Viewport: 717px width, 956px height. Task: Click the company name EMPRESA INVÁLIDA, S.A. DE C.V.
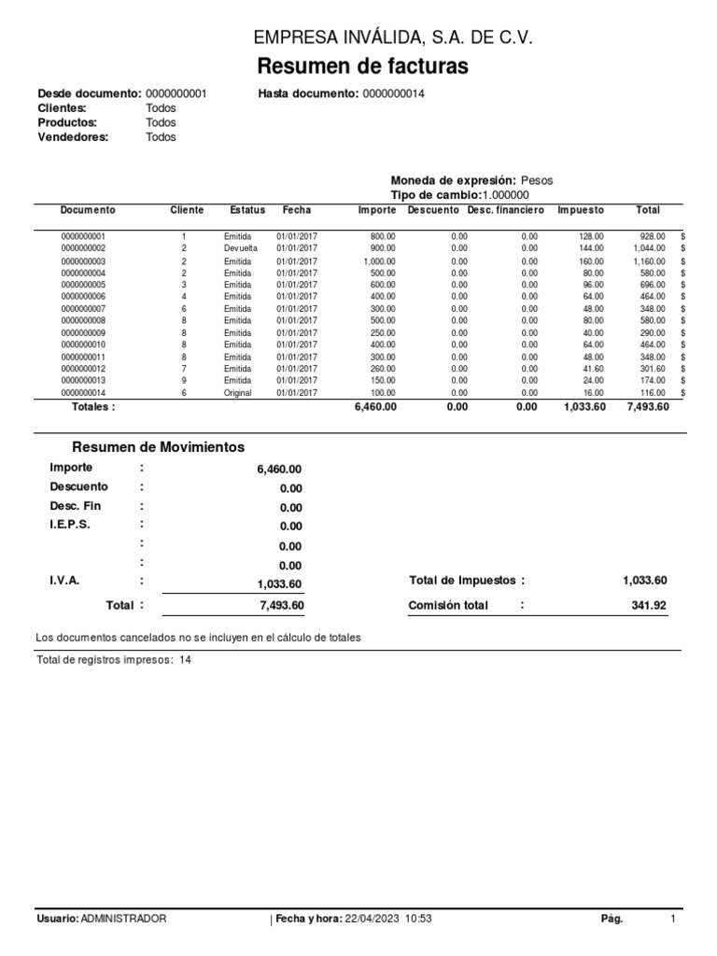tap(394, 38)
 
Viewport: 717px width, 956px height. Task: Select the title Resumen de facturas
tap(362, 67)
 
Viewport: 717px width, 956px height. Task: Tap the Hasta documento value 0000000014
tap(393, 94)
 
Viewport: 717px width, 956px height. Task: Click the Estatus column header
tap(247, 210)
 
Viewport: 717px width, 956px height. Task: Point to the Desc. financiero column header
tap(505, 210)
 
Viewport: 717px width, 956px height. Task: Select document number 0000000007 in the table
tap(84, 309)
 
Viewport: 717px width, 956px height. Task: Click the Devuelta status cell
tap(241, 249)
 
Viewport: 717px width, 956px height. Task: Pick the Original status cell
tap(239, 394)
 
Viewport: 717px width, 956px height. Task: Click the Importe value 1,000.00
tap(379, 262)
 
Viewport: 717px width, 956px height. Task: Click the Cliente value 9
tap(184, 381)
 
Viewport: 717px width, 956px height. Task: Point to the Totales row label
tap(93, 408)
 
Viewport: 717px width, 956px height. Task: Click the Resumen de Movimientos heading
tap(159, 447)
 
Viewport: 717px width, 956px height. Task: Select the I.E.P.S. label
tap(70, 525)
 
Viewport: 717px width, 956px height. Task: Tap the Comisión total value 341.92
tap(649, 606)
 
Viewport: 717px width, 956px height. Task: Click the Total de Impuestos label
tap(461, 581)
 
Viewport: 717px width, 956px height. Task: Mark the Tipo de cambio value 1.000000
tap(505, 195)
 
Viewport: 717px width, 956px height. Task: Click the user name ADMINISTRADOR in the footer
tap(124, 919)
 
